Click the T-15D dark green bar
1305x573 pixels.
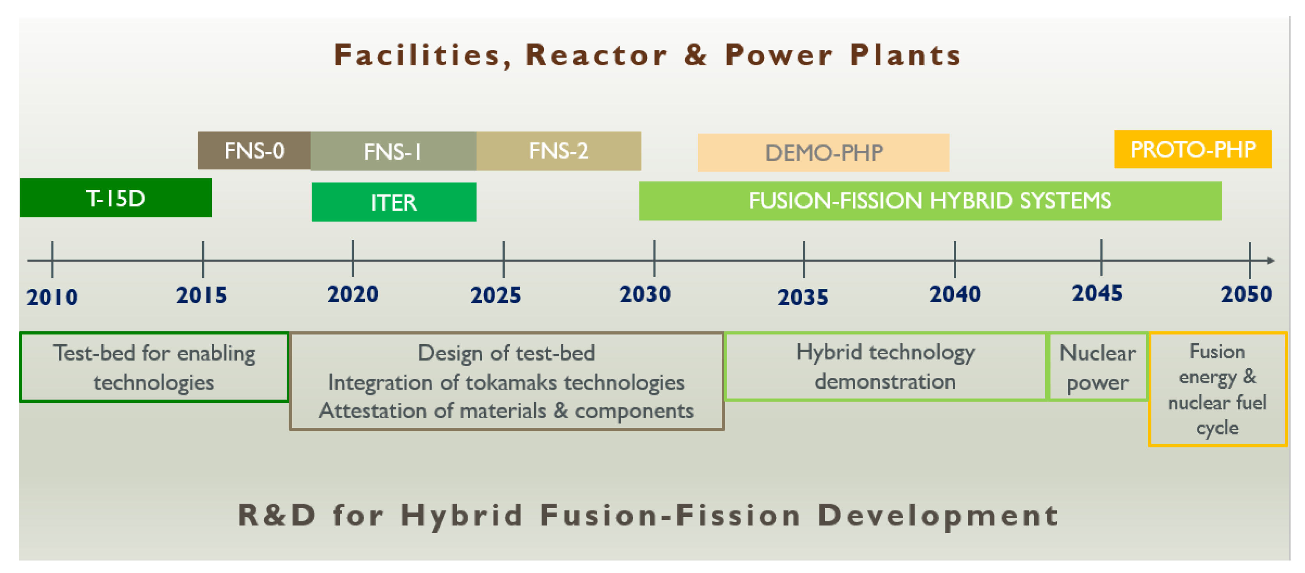115,198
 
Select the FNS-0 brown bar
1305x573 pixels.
254,150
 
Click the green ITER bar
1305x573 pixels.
394,202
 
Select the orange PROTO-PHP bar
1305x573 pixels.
1193,149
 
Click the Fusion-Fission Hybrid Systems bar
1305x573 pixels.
930,201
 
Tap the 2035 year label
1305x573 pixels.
803,297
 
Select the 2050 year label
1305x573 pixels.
1246,294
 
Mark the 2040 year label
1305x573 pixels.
955,294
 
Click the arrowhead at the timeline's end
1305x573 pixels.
1271,260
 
